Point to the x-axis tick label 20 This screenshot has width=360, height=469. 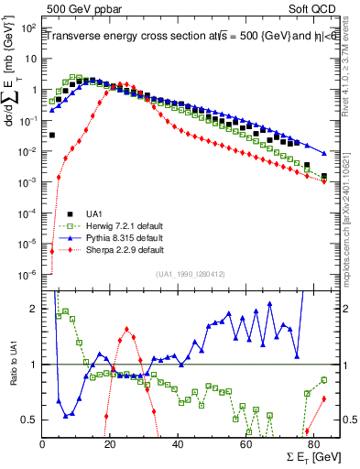tap(110, 444)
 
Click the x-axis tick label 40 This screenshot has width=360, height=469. tap(178, 444)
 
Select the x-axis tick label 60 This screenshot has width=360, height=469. tap(245, 444)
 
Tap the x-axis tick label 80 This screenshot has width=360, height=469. tap(312, 444)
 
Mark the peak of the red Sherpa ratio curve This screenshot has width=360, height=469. tap(126, 329)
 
